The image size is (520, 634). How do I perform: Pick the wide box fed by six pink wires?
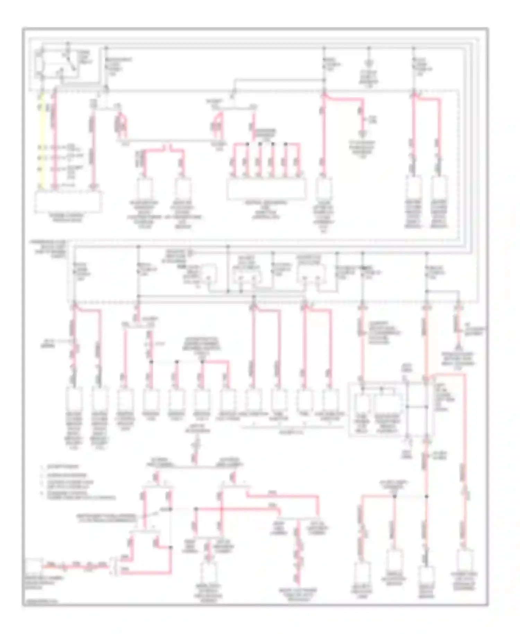point(266,189)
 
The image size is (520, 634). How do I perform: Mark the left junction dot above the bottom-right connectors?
point(394,496)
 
